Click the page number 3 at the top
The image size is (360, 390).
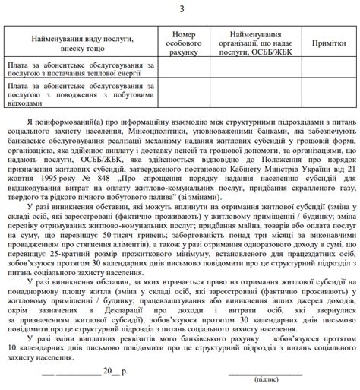pos(181,8)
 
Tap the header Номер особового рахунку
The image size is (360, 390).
pos(184,43)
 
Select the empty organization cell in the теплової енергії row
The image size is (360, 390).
pos(256,69)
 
